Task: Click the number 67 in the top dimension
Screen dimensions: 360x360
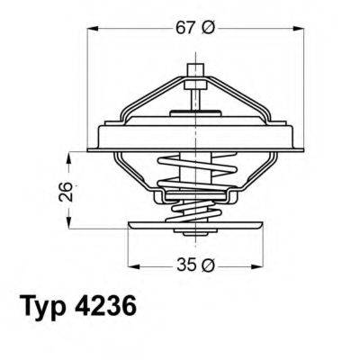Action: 184,29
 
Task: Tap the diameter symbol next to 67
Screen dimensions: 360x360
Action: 207,29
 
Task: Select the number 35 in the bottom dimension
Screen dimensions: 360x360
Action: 184,265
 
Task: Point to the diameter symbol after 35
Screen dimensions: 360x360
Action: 208,265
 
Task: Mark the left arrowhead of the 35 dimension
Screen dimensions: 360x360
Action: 133,265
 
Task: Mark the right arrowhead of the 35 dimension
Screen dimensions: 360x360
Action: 253,265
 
